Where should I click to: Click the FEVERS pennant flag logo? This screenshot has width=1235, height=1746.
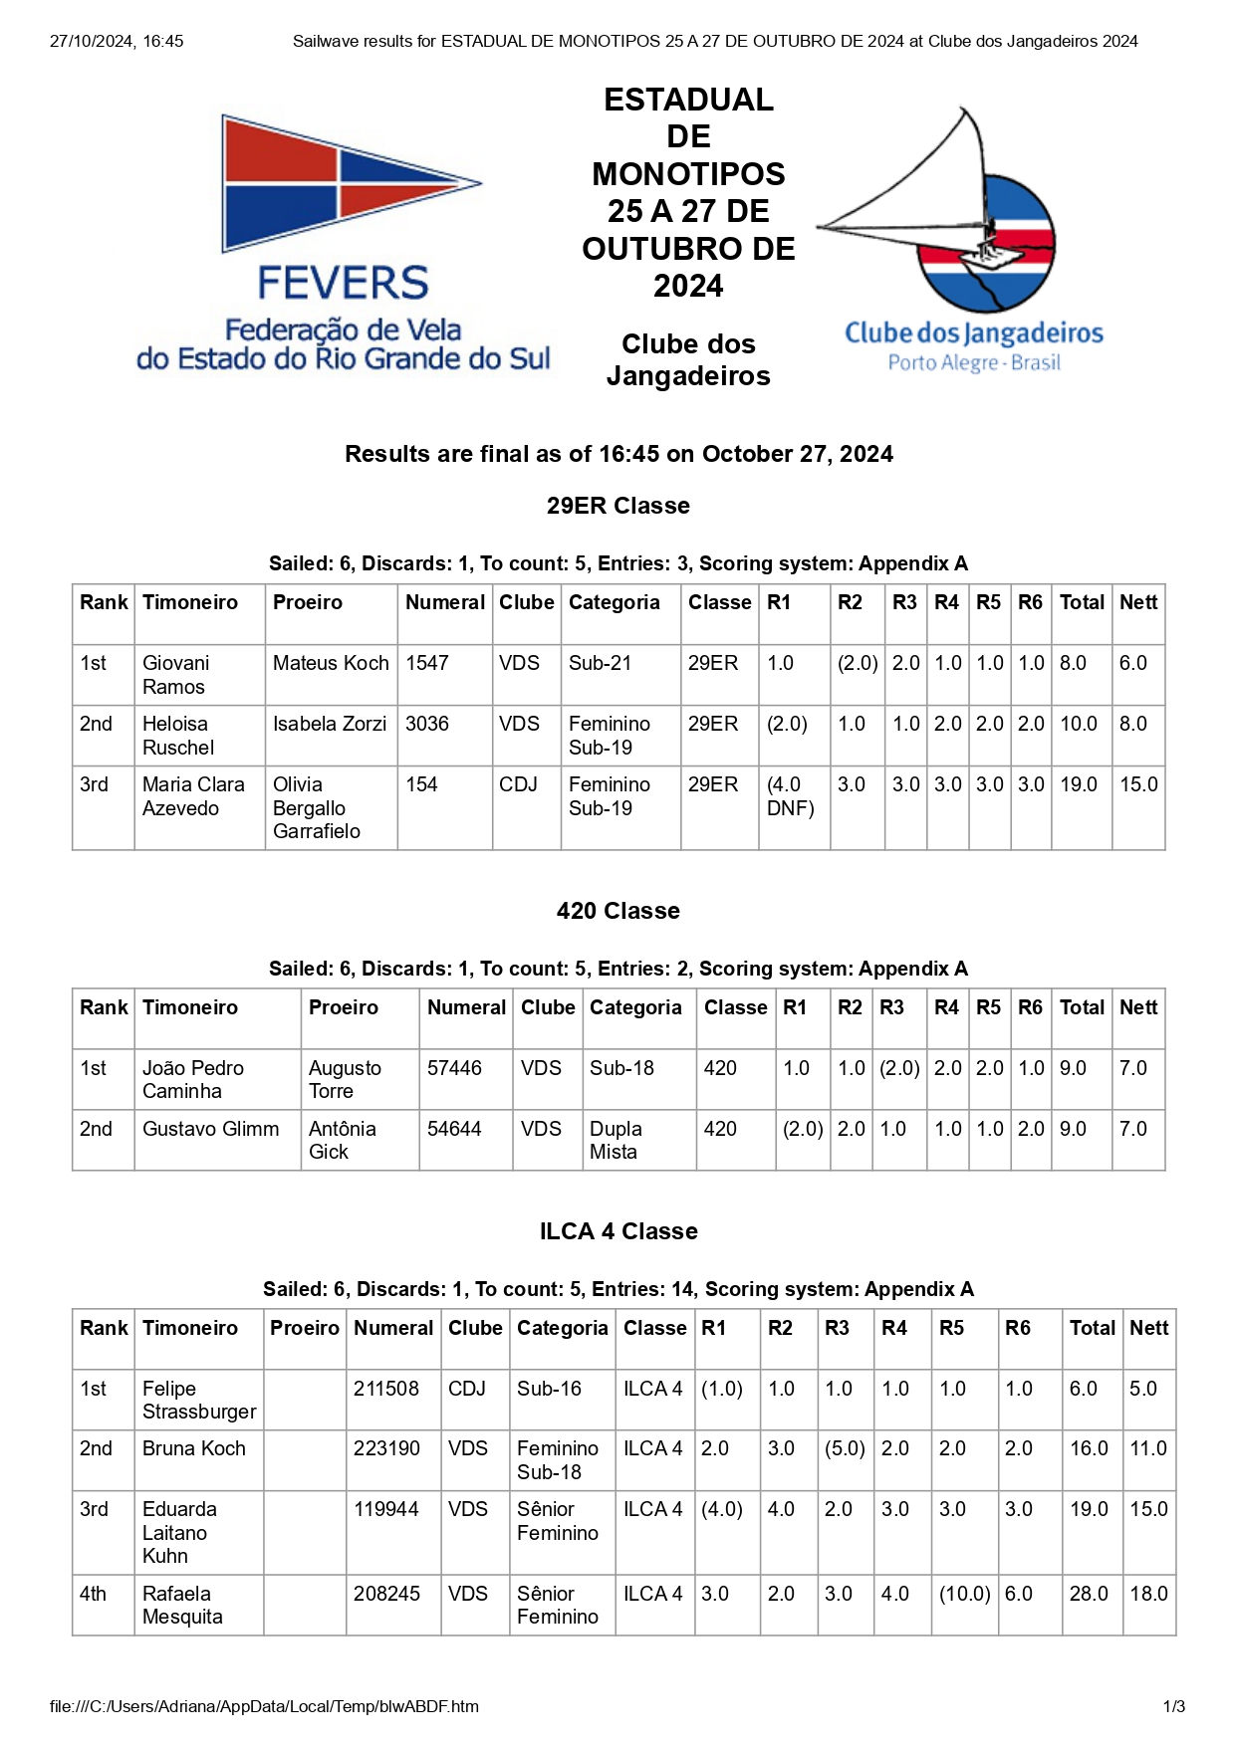pyautogui.click(x=350, y=184)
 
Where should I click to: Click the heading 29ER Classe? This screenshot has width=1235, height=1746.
pyautogui.click(x=617, y=506)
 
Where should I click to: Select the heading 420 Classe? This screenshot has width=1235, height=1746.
pyautogui.click(x=617, y=911)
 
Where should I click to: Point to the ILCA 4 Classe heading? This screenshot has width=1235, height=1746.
pyautogui.click(x=617, y=1231)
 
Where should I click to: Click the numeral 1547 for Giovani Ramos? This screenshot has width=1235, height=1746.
pyautogui.click(x=427, y=663)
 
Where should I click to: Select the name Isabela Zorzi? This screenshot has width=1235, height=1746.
pyautogui.click(x=330, y=724)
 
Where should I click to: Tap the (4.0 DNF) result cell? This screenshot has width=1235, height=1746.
pyautogui.click(x=791, y=796)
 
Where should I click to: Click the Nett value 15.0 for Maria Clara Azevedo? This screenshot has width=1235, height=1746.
pyautogui.click(x=1138, y=784)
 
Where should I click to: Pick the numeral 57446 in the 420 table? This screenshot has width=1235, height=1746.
pyautogui.click(x=454, y=1068)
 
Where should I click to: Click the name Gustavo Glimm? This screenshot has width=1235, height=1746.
pyautogui.click(x=210, y=1129)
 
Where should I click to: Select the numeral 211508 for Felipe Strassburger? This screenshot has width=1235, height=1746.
pyautogui.click(x=386, y=1389)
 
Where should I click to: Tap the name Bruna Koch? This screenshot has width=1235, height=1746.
pyautogui.click(x=194, y=1448)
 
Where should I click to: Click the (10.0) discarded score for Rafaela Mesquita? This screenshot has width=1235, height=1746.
pyautogui.click(x=964, y=1594)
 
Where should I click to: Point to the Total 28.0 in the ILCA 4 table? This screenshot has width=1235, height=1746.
pyautogui.click(x=1089, y=1594)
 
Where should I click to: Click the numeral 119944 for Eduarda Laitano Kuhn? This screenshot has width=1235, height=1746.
pyautogui.click(x=386, y=1509)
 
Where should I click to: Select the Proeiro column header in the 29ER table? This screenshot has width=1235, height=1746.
pyautogui.click(x=308, y=602)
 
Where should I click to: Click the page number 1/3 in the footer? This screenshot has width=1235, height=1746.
pyautogui.click(x=1173, y=1706)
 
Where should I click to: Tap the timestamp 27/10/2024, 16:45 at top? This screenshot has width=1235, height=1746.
pyautogui.click(x=117, y=41)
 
